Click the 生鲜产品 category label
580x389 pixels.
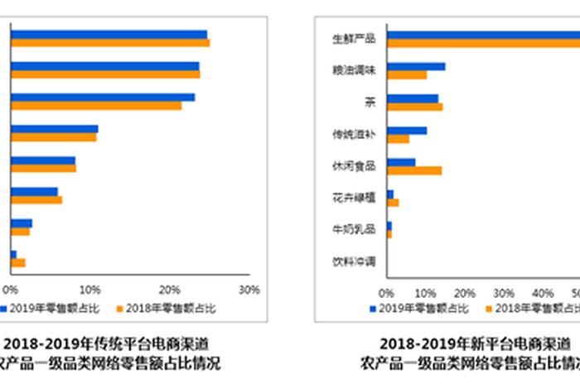354,39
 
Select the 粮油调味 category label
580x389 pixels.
354,71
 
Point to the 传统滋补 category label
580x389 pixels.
354,134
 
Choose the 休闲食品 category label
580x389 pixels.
354,166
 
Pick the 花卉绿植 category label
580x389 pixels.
354,198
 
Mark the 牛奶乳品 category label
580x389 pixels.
354,229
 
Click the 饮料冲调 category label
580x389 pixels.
354,262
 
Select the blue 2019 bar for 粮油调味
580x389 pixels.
416,66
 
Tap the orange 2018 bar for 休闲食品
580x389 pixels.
414,170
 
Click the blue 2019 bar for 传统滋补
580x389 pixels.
407,130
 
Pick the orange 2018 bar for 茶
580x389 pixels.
414,107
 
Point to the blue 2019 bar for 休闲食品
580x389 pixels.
401,161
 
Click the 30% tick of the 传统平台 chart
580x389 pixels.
249,290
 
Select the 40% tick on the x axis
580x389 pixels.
543,293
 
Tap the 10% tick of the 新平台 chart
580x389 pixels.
426,293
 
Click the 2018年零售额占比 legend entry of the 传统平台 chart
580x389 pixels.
166,309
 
